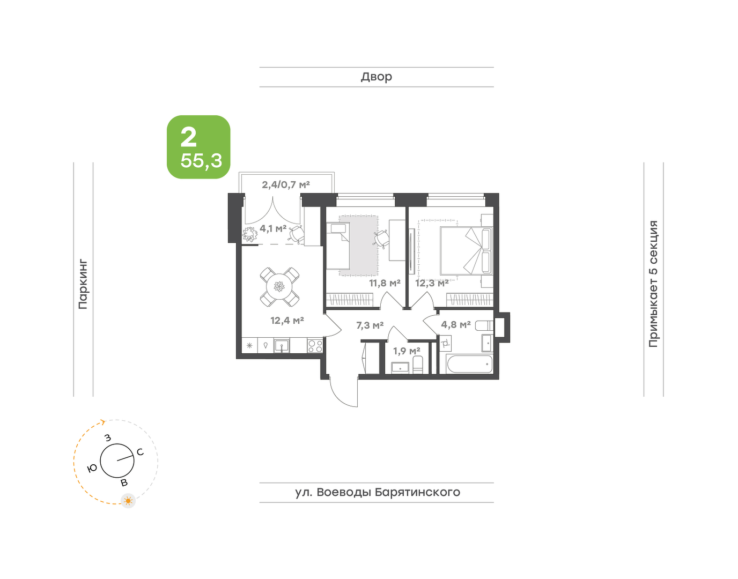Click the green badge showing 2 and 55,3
click(198, 147)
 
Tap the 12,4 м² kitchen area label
click(287, 320)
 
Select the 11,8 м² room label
click(385, 283)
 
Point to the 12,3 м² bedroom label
click(432, 283)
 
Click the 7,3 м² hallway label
click(370, 325)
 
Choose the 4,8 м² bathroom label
click(456, 324)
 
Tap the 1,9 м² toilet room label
click(407, 351)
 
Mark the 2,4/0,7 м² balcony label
click(286, 184)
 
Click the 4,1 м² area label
click(273, 228)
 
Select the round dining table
click(279, 287)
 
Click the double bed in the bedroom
click(466, 250)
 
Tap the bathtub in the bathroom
click(470, 364)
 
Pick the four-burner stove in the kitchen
click(315, 346)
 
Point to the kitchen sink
click(282, 346)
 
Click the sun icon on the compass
click(128, 501)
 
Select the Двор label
click(377, 77)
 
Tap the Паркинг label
click(83, 285)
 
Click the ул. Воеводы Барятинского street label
click(378, 492)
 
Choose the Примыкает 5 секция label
click(654, 284)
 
